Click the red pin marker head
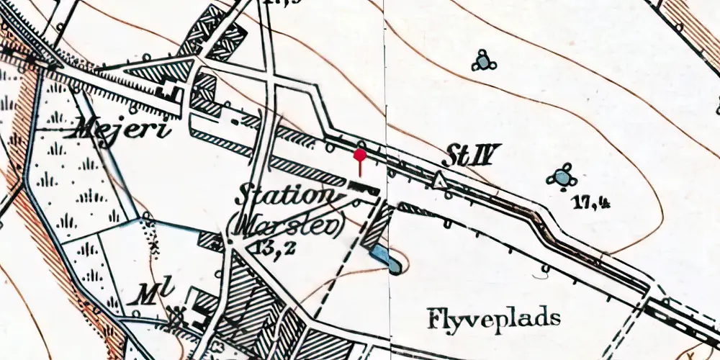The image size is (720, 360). point(361,154)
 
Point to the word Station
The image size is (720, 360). point(286,196)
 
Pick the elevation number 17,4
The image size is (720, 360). point(592,203)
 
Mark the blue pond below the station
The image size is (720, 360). point(384,257)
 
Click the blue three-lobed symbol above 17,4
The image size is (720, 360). point(561,176)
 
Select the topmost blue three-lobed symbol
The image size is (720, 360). point(484,62)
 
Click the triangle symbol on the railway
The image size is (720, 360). point(438,180)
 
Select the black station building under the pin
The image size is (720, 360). point(364,189)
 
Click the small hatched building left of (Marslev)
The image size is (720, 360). point(209,240)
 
